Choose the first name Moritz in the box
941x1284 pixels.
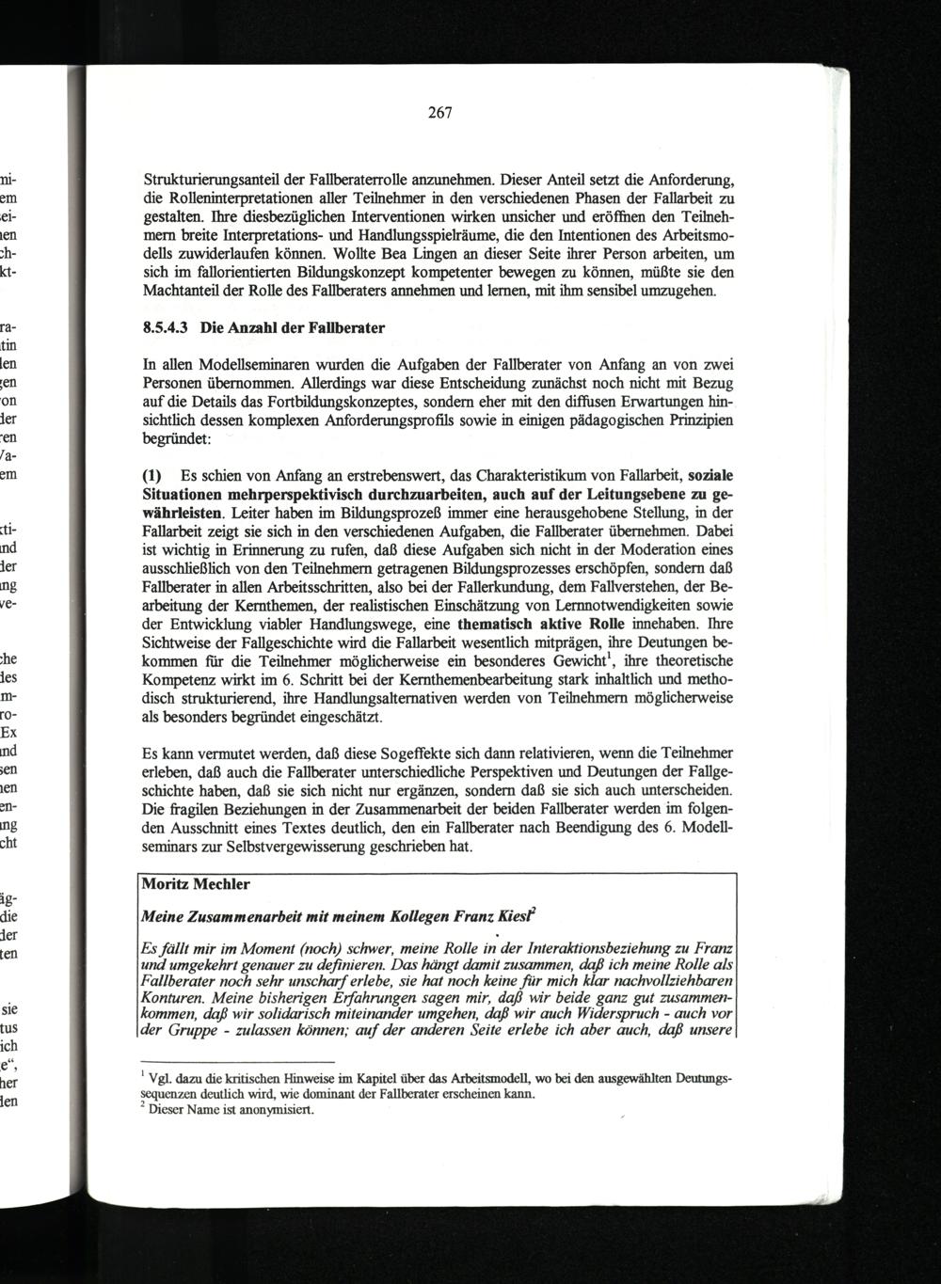[163, 885]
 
